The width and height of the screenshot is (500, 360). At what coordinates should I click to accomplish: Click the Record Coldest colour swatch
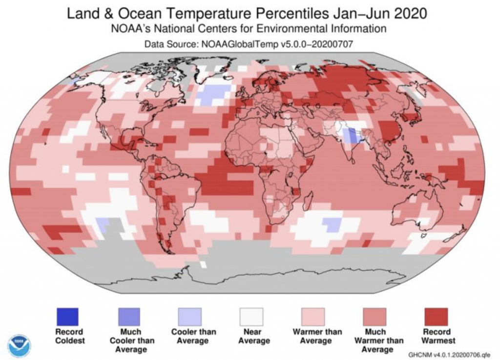point(68,317)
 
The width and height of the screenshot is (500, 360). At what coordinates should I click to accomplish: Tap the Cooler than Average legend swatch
point(190,317)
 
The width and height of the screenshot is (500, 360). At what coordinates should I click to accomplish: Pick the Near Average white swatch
point(251,317)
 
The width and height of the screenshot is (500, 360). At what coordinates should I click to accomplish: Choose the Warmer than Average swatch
point(312,317)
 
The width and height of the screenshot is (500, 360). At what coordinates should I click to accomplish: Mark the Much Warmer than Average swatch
point(375,317)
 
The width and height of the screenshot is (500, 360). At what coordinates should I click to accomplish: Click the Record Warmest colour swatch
point(436,317)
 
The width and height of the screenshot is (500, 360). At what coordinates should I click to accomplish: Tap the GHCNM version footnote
point(450,354)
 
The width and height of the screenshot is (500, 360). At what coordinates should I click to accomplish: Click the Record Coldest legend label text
point(70,336)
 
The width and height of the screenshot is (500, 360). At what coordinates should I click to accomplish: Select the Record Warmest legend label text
point(436,336)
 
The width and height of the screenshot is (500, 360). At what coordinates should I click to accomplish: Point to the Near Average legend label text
point(251,336)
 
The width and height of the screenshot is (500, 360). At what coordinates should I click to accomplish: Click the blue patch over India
point(350,136)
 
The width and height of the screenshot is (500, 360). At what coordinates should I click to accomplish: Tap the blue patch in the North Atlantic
point(215,94)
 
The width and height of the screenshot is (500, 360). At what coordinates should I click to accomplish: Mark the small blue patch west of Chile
point(103,224)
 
